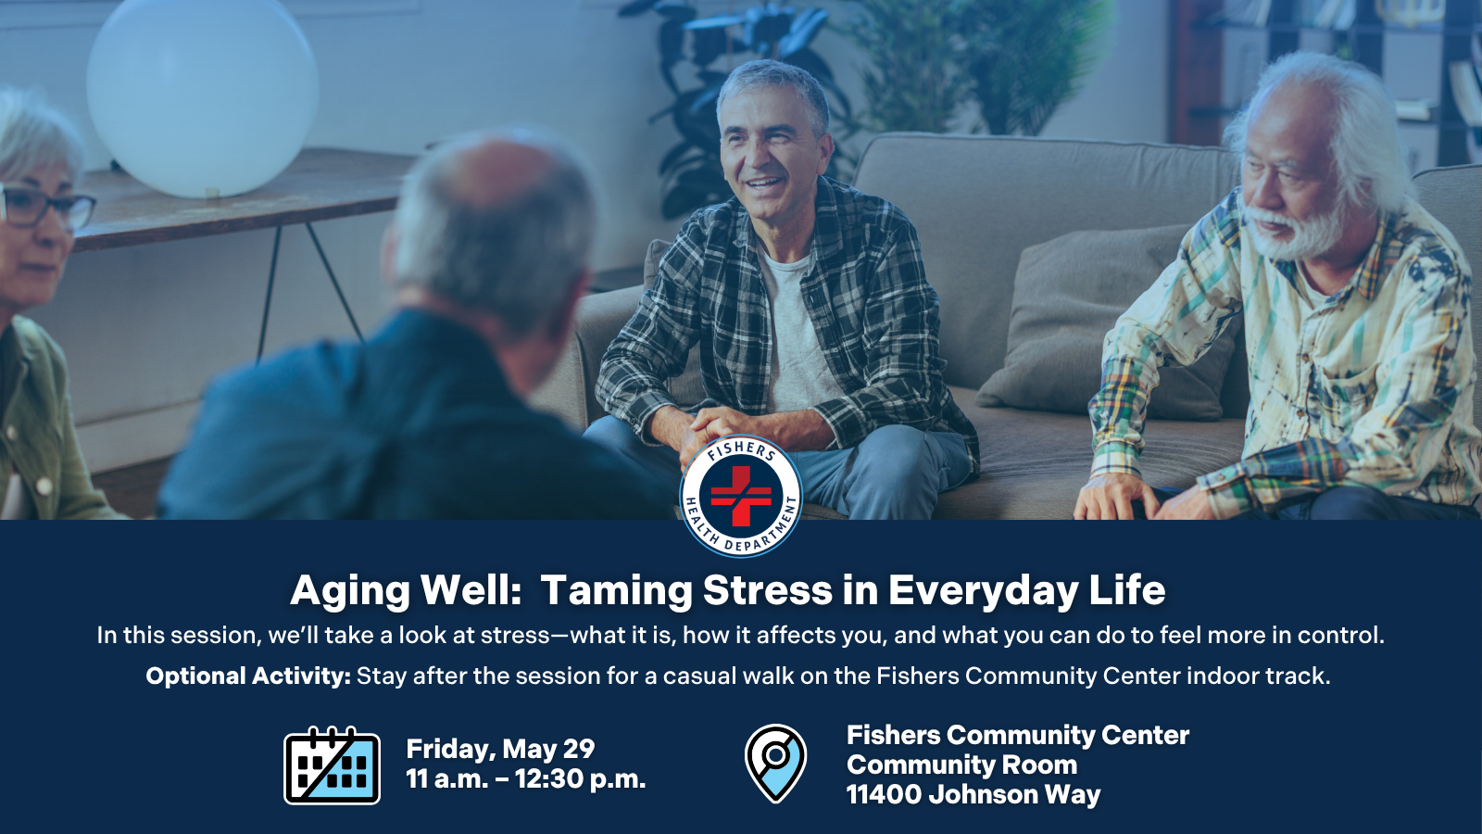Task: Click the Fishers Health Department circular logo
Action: pyautogui.click(x=741, y=496)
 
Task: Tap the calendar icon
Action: pyautogui.click(x=332, y=765)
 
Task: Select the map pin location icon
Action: pyautogui.click(x=775, y=763)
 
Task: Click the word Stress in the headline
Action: pyautogui.click(x=768, y=590)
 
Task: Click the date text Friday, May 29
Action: pyautogui.click(x=500, y=749)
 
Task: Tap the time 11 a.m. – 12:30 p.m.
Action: pyautogui.click(x=525, y=779)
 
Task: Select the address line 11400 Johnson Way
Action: pyautogui.click(x=973, y=795)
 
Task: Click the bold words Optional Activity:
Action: pyautogui.click(x=248, y=676)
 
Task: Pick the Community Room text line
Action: pyautogui.click(x=961, y=765)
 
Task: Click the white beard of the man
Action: pyautogui.click(x=1301, y=236)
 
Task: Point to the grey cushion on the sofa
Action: pyautogui.click(x=1102, y=315)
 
